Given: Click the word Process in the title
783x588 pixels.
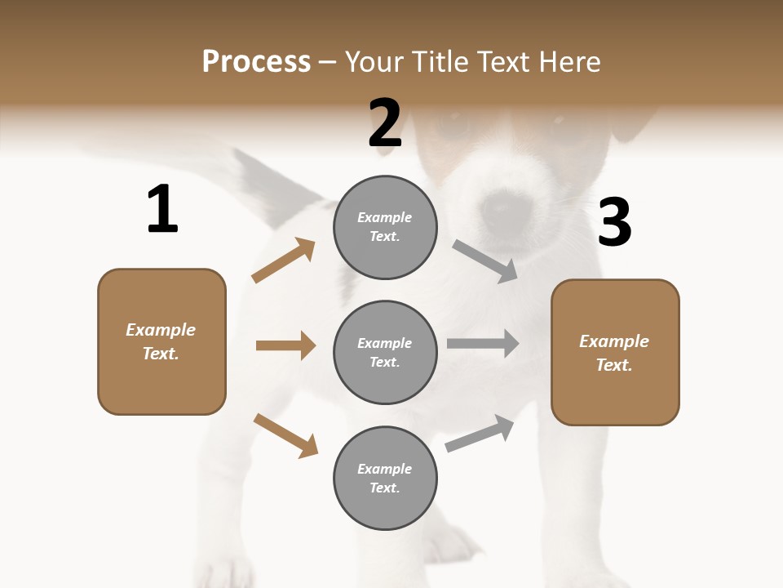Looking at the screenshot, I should click(256, 61).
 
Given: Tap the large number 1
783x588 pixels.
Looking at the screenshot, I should click(162, 209).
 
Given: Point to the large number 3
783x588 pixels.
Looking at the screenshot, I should click(614, 222).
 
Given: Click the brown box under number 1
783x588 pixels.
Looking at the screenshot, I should click(161, 341).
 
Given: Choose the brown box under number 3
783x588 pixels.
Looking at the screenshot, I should click(615, 353).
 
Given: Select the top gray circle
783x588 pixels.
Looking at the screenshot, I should click(385, 227).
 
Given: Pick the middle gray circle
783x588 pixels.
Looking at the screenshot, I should click(385, 352).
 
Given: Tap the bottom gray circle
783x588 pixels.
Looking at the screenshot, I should click(385, 478).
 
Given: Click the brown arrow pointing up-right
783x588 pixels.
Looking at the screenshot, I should click(283, 261).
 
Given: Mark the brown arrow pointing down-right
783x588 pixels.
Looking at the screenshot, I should click(285, 435).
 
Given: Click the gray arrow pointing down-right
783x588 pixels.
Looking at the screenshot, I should click(485, 261).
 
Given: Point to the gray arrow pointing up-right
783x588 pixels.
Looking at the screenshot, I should click(480, 434).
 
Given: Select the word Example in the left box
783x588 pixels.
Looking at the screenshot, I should click(161, 330).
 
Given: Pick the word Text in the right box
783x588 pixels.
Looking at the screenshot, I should click(614, 365).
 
